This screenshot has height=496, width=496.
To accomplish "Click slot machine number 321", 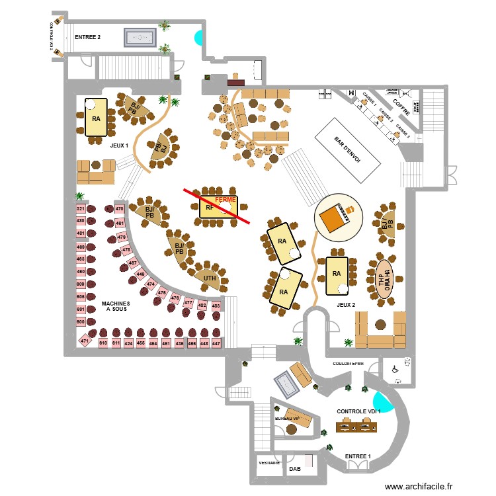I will [81, 209].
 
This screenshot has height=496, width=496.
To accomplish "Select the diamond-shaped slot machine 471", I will [85, 341].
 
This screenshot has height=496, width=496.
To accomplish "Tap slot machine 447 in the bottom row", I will [216, 344].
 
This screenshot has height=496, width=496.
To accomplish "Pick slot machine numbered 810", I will [103, 344].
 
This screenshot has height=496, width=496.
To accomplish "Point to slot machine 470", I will [120, 209].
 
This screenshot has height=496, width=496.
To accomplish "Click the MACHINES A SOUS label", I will [116, 306].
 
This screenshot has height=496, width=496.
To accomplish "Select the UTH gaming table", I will [210, 278].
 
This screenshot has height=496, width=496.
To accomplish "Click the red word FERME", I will [226, 199].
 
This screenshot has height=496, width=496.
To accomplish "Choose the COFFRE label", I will [401, 105].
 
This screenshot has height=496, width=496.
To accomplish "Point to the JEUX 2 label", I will [347, 305].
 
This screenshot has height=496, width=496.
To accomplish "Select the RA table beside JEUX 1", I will [97, 118].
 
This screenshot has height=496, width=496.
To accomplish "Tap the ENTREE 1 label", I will [357, 456].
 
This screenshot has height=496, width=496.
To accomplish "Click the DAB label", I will [295, 469].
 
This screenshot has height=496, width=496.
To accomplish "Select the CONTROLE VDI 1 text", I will [359, 411].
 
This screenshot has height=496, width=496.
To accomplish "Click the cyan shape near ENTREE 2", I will [198, 38].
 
